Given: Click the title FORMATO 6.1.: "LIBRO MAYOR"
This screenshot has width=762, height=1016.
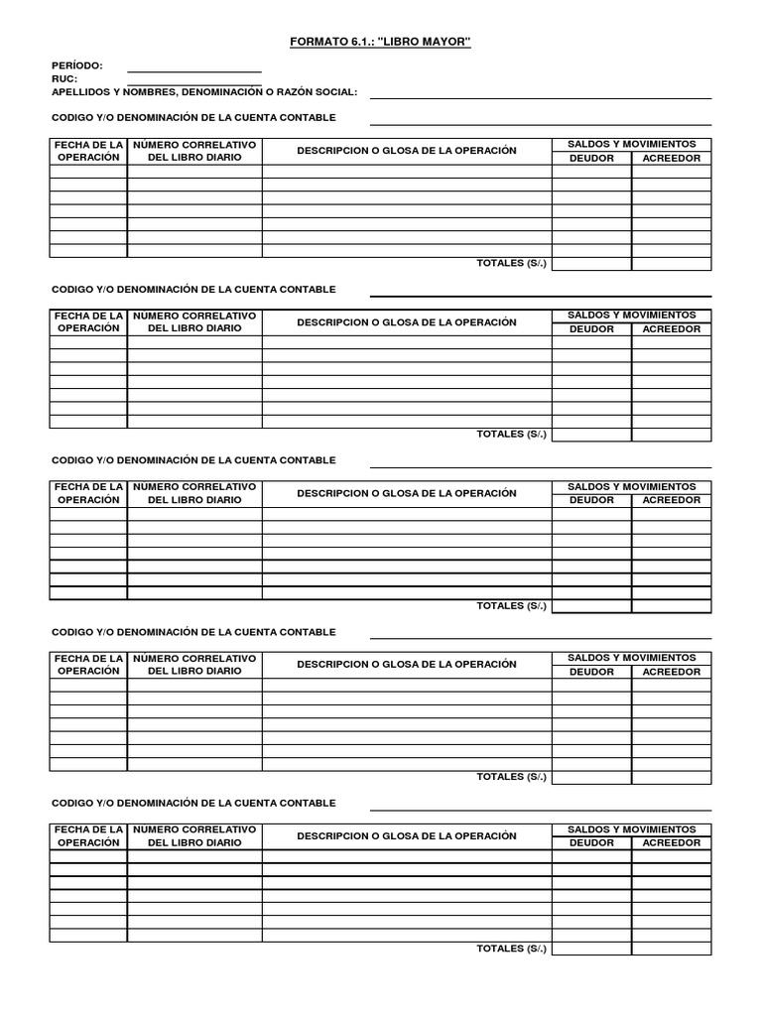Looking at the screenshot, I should coord(380,43).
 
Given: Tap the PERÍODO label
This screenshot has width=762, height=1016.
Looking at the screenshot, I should coord(76,65).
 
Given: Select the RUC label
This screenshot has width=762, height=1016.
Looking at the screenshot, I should coord(64,78).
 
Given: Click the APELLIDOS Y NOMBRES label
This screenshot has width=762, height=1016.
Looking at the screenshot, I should coord(203,92).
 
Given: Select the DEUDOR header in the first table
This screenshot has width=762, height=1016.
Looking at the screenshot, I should coord(591,158).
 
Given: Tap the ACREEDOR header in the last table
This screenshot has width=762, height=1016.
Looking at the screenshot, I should coord(672,842).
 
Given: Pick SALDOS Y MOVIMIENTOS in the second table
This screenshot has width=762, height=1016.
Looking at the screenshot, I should coord(632,316).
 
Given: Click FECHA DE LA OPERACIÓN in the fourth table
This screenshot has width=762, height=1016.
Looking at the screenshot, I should coord(88,665).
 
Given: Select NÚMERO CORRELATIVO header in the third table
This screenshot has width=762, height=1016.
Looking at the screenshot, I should coord(194,493).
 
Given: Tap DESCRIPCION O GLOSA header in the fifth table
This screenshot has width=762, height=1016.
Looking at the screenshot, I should coord(407,835).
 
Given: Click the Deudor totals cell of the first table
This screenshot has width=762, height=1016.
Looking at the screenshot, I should coord(591,263).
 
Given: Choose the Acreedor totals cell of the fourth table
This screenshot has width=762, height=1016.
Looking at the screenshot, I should coord(672,777).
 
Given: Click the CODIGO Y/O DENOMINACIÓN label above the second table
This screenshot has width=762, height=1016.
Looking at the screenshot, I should coord(193,289).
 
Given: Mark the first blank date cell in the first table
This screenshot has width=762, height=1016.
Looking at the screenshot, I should coord(88,172).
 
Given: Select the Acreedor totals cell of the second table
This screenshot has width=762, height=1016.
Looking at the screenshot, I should coord(672,435).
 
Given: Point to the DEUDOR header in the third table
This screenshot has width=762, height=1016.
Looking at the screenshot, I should coord(591,500).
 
